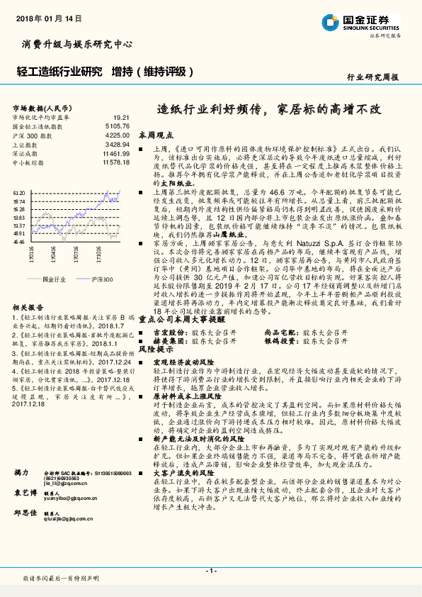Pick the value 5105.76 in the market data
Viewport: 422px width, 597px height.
click(118, 125)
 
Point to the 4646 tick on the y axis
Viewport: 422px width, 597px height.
click(19, 242)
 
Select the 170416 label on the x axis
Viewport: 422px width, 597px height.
click(53, 253)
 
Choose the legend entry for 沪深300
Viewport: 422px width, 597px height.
click(101, 279)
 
